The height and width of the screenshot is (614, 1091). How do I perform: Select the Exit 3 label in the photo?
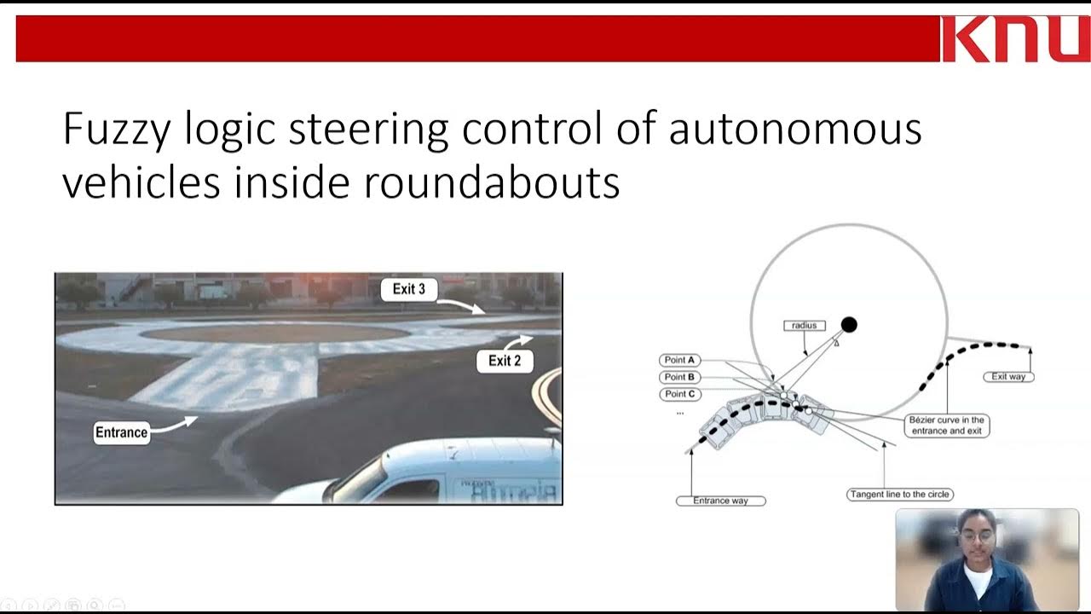(x=408, y=290)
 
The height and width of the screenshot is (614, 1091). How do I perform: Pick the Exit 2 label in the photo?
(x=504, y=361)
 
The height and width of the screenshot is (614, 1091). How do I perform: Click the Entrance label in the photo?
(x=121, y=432)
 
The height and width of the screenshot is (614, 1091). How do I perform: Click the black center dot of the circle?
(x=849, y=325)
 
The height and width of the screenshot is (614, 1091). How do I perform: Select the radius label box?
(x=804, y=326)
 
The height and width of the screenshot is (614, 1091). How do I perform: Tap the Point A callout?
(x=680, y=360)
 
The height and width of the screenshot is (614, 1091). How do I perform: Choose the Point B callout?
(x=680, y=377)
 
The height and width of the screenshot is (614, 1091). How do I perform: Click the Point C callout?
(x=680, y=394)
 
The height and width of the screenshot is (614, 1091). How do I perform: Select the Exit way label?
(x=1008, y=376)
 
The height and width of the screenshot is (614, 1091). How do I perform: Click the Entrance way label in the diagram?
(x=720, y=501)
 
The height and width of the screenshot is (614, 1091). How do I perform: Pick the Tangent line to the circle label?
(x=899, y=495)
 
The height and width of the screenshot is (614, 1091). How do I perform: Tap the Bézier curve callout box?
(x=946, y=426)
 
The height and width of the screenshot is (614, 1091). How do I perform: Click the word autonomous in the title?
(x=794, y=130)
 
